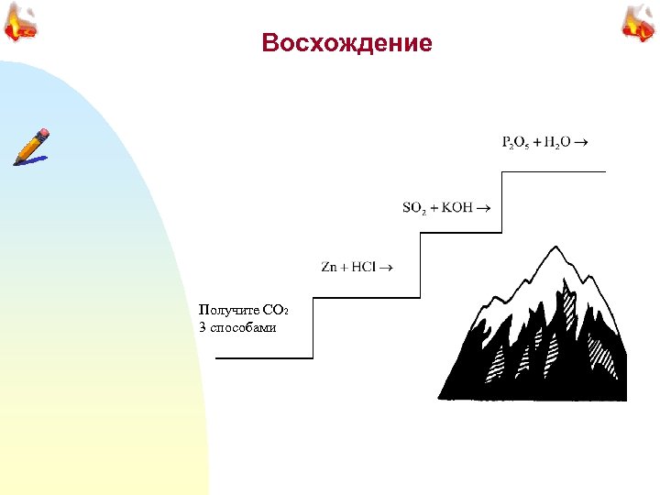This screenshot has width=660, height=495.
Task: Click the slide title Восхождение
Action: click(346, 43)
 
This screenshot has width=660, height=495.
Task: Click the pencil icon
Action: click(31, 147)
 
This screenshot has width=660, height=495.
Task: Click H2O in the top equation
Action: click(558, 142)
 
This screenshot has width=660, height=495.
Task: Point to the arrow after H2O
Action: click(582, 142)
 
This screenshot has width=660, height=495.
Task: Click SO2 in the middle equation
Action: click(414, 207)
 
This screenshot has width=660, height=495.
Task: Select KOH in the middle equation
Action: click(457, 207)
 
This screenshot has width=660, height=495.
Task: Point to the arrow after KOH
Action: click(482, 207)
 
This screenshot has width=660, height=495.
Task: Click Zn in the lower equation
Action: click(329, 267)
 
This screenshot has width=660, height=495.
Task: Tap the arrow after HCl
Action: click(385, 267)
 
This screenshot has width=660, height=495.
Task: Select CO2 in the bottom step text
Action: click(276, 312)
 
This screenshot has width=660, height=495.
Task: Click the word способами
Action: click(243, 327)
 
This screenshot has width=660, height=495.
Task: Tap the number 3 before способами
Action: click(202, 327)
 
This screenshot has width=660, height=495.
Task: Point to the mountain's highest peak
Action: click(554, 248)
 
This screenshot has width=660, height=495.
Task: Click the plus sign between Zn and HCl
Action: click(344, 267)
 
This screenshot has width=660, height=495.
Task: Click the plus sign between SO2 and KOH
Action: click(434, 207)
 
